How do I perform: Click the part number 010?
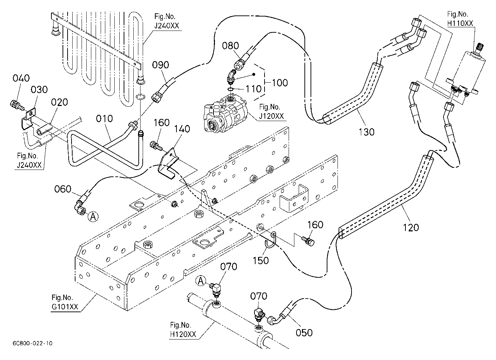click(x=104, y=119)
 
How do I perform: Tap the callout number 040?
click(x=21, y=78)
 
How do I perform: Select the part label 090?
click(x=161, y=65)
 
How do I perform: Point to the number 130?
click(x=367, y=132)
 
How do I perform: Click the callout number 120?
click(x=411, y=227)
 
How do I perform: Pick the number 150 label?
click(x=261, y=260)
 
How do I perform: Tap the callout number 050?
click(x=304, y=333)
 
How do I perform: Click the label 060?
click(x=63, y=189)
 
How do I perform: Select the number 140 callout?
click(x=182, y=129)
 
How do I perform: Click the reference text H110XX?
click(x=460, y=23)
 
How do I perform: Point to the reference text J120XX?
click(x=271, y=116)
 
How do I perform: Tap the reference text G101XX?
click(x=65, y=306)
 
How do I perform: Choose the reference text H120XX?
click(x=183, y=334)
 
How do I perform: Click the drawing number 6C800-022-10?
click(x=33, y=343)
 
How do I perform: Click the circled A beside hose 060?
click(x=93, y=217)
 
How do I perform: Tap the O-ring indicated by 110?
click(x=230, y=89)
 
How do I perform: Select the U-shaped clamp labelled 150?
click(x=270, y=240)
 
